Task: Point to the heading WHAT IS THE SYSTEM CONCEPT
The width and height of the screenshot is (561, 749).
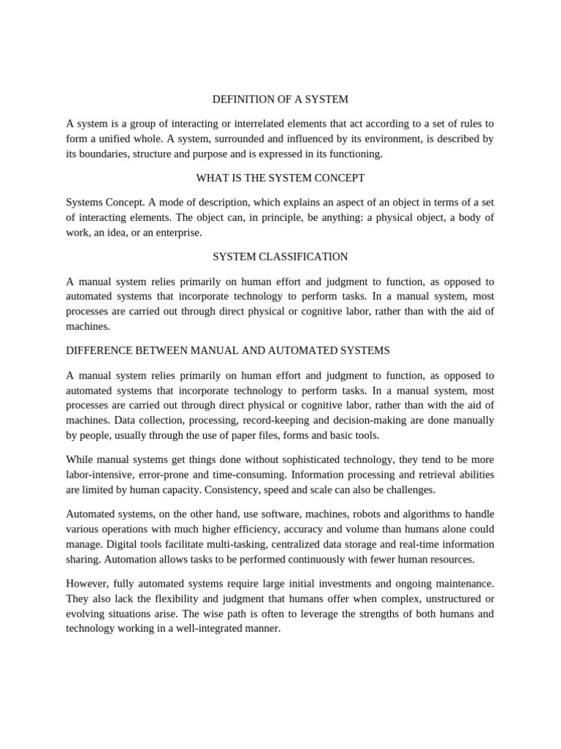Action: tap(280, 178)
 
